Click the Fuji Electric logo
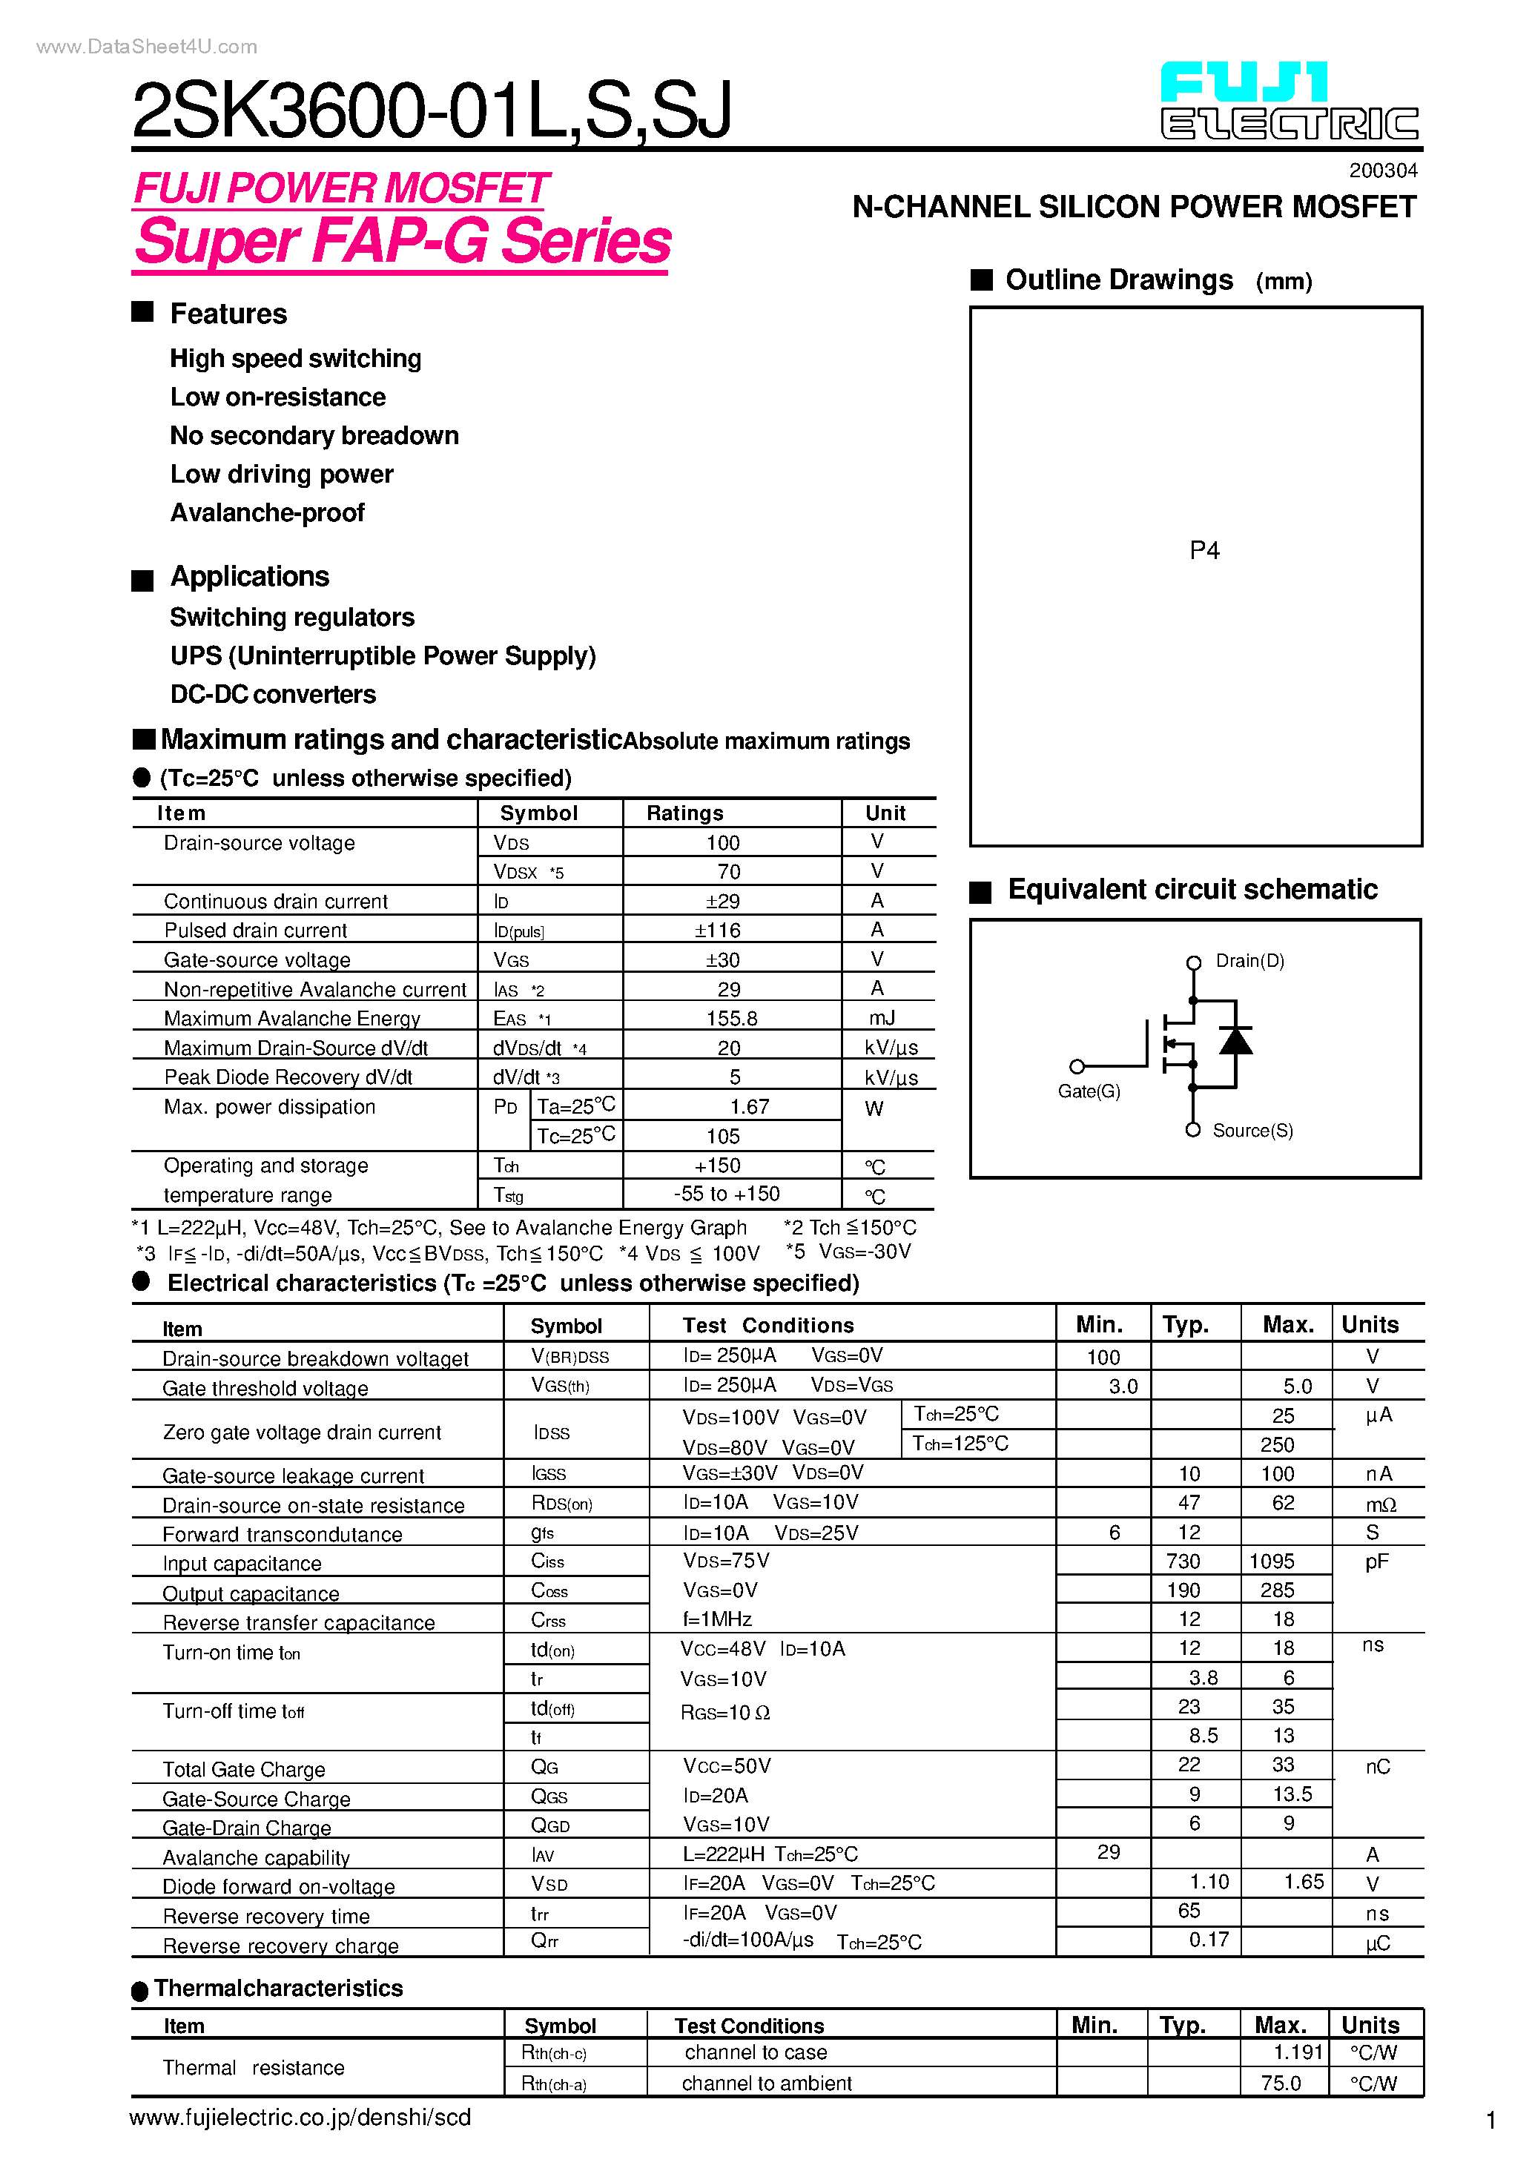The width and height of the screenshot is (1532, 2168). [1290, 101]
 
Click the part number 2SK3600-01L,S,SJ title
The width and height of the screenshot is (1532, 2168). [432, 110]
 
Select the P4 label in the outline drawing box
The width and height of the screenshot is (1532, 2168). [1204, 550]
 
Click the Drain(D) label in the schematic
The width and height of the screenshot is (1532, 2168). [1249, 961]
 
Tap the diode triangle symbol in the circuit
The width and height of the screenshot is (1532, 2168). [1235, 1042]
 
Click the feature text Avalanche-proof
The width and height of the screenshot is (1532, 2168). [267, 513]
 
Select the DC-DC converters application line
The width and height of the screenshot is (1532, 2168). [273, 695]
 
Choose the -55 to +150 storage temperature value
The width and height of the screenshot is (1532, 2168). [727, 1194]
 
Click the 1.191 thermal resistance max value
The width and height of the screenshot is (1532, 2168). [1298, 2053]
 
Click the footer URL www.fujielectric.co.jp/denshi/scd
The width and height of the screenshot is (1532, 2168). [300, 2118]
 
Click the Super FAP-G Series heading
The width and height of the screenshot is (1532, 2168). [403, 242]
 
